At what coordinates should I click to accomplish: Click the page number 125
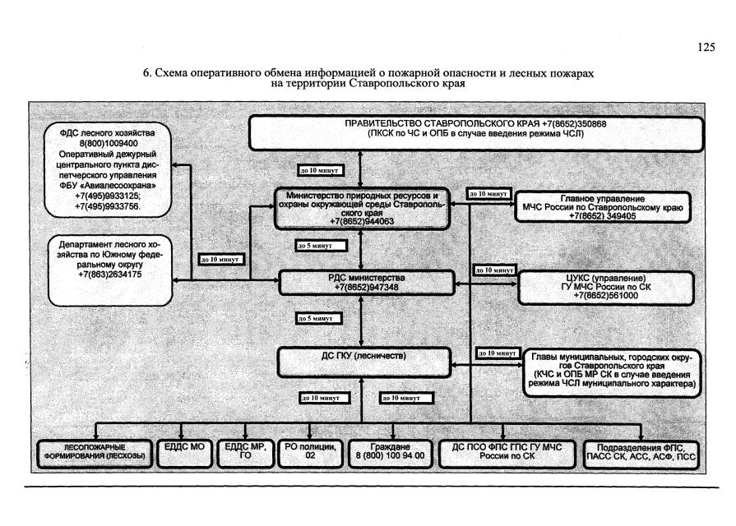(x=706, y=48)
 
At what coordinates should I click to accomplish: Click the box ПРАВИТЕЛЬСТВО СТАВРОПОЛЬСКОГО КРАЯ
(x=476, y=133)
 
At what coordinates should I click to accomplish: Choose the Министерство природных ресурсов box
(x=362, y=209)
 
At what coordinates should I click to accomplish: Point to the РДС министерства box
(x=366, y=283)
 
